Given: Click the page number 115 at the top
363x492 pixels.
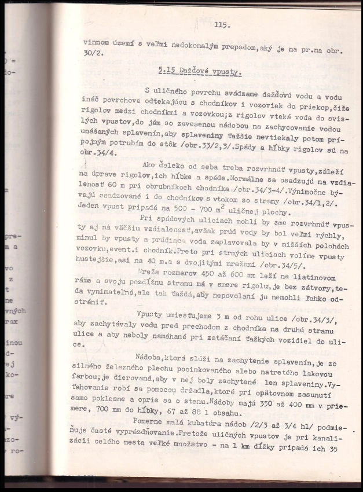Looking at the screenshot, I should pyautogui.click(x=222, y=24).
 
